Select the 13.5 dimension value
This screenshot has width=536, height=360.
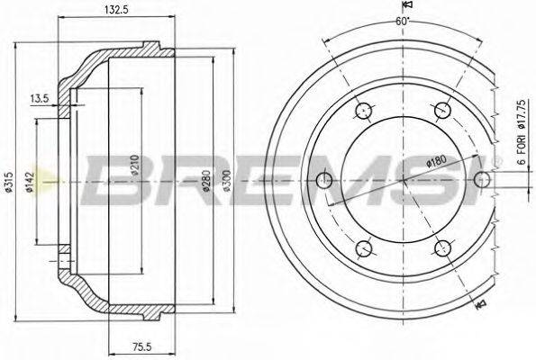coord(39,97)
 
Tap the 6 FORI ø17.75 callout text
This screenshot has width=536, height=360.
coord(521,133)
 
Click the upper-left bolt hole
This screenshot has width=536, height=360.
coord(363,112)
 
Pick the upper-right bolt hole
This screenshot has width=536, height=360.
coord(441,112)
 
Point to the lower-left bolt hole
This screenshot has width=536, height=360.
coord(363,248)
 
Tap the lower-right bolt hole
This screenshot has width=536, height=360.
coord(441,248)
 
